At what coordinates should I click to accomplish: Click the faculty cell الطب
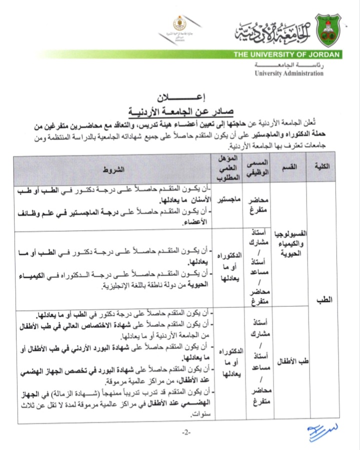point(326,300)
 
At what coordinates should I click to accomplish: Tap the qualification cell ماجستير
point(227,200)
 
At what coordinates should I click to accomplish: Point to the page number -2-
point(186,431)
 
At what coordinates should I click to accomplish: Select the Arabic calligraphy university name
point(272,30)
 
